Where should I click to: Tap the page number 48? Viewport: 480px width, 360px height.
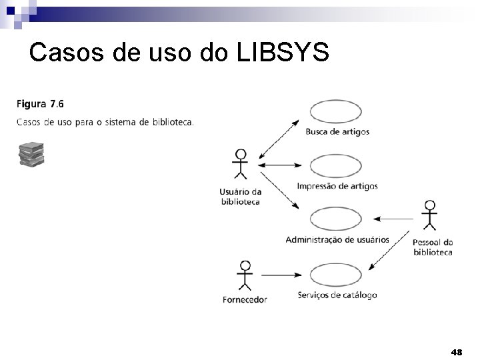(457, 351)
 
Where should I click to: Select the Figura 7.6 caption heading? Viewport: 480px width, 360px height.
(40, 104)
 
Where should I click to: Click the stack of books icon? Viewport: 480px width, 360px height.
(31, 154)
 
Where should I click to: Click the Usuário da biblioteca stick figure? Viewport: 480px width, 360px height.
(239, 164)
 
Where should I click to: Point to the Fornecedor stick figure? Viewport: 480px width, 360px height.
(245, 275)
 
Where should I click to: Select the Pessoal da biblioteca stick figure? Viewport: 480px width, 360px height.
(431, 215)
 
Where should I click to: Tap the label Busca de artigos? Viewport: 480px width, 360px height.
(337, 132)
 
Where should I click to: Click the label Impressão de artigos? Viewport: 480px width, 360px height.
(337, 186)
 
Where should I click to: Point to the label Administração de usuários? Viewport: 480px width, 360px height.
(337, 239)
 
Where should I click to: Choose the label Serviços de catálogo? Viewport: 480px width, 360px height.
(337, 295)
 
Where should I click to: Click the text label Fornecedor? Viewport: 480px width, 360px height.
(245, 299)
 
